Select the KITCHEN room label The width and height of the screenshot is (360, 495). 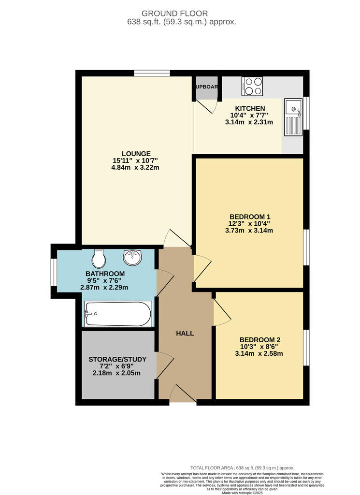tap(249, 108)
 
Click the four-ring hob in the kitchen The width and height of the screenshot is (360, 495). tap(252, 86)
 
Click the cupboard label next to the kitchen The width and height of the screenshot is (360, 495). tap(206, 87)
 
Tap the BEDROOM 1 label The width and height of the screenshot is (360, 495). tap(249, 216)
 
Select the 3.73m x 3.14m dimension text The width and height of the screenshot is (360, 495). tap(249, 230)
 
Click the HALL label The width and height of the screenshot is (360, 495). tap(185, 333)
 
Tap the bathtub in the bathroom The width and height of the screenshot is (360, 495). tap(118, 314)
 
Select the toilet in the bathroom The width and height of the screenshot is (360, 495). tap(99, 259)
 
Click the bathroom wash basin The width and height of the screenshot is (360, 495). tap(133, 258)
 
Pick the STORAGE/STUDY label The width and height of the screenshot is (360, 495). tap(117, 359)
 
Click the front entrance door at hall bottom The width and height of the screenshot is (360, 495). tap(183, 395)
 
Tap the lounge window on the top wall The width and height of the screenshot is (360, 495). tap(152, 73)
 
